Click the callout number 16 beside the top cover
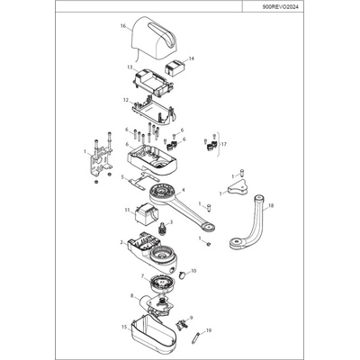123,26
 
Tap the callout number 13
130,67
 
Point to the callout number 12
126,99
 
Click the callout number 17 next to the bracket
224,144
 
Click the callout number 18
271,205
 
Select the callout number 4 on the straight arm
184,190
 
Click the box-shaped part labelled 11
146,214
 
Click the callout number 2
121,242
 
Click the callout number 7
143,275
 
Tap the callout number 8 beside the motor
132,295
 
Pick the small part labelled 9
181,325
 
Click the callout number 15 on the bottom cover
124,327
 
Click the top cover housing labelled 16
154,39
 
